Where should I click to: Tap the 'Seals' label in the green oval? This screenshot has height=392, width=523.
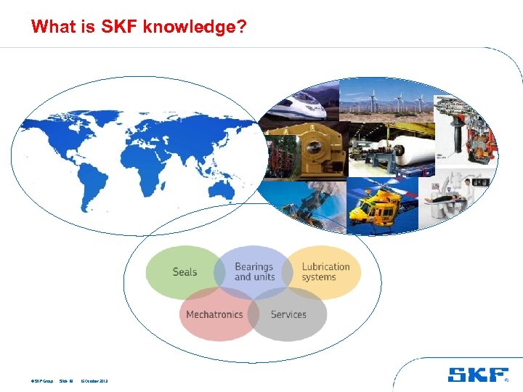click(185, 272)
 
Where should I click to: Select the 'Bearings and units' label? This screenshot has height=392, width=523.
click(254, 271)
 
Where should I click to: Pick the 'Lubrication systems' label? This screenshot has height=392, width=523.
click(325, 271)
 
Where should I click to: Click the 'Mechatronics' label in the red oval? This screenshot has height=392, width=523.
click(214, 314)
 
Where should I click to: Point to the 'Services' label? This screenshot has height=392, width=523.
click(288, 314)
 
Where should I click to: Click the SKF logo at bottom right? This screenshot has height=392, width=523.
click(477, 375)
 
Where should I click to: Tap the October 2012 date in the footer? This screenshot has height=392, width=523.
click(94, 380)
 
